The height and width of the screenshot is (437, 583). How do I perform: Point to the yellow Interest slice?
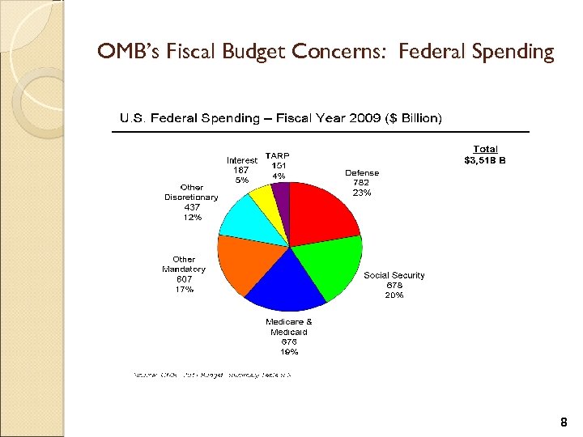click(x=264, y=198)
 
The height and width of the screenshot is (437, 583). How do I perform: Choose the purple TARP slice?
click(x=281, y=194)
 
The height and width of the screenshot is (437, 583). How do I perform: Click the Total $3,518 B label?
click(x=485, y=155)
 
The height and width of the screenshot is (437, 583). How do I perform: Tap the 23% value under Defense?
click(x=361, y=193)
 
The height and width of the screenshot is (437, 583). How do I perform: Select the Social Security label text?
click(x=394, y=275)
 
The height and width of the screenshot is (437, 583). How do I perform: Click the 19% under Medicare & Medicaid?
click(x=289, y=352)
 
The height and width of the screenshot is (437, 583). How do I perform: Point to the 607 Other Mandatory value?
click(x=184, y=279)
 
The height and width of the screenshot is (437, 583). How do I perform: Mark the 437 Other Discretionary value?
click(x=191, y=207)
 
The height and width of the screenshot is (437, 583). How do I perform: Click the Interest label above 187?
click(x=241, y=160)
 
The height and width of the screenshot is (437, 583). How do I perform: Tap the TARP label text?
click(x=278, y=155)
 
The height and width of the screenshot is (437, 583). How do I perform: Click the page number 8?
click(x=564, y=422)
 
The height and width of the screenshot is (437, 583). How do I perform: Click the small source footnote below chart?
click(x=211, y=375)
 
